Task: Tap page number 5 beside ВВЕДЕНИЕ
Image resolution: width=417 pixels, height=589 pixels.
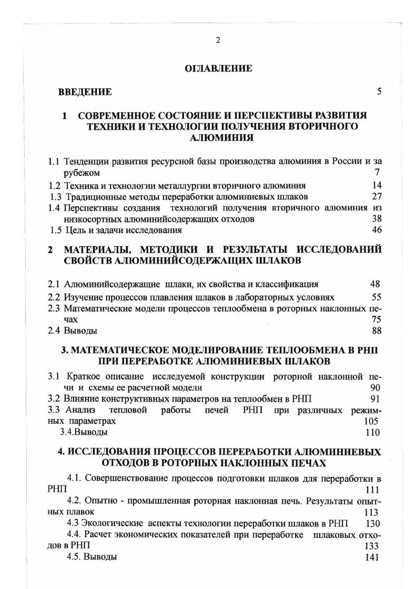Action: point(379,92)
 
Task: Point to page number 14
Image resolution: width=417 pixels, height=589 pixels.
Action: point(376,185)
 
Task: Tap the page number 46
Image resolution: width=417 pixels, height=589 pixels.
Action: point(376,229)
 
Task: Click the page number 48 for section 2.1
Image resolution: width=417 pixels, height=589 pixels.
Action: point(375,285)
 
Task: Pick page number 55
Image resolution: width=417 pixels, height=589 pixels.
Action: point(375,297)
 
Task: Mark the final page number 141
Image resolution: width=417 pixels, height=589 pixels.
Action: point(371,558)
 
